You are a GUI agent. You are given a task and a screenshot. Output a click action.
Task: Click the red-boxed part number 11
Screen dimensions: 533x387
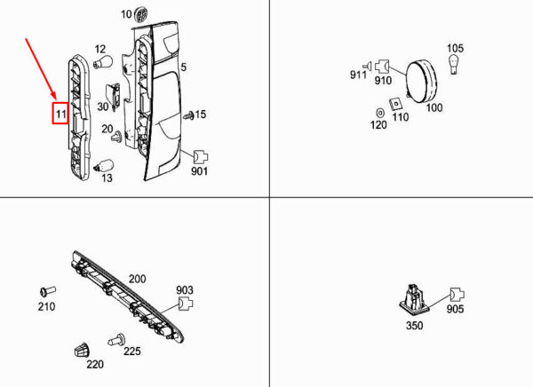point(60,113)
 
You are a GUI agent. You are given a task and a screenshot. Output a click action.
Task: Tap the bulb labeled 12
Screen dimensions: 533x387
point(103,62)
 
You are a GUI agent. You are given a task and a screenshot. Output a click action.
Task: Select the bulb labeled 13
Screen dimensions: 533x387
point(104,167)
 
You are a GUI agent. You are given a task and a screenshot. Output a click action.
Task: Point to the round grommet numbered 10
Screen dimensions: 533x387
point(141,14)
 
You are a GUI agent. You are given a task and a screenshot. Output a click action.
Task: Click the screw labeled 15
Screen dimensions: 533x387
point(189,115)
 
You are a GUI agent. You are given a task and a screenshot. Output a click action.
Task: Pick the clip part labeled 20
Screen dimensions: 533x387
point(116,137)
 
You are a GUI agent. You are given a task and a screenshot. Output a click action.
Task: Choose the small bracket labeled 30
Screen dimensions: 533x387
point(115,97)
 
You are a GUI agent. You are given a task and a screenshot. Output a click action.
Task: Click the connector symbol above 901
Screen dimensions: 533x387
point(200,157)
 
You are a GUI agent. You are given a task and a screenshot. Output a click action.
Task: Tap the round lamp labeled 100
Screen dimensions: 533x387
point(421,82)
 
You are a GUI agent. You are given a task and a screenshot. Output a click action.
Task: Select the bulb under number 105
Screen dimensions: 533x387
point(454,64)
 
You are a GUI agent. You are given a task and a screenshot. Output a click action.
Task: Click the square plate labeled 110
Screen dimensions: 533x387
point(395,104)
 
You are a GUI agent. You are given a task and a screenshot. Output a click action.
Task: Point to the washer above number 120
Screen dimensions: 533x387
point(380,113)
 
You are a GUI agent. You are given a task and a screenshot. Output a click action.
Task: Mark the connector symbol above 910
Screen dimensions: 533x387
point(382,67)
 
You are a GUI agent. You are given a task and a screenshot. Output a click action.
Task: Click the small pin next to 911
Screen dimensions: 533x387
point(368,66)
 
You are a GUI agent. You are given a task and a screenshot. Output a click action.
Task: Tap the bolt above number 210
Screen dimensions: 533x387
point(48,291)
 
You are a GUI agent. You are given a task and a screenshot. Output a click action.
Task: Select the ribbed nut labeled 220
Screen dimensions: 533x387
point(82,350)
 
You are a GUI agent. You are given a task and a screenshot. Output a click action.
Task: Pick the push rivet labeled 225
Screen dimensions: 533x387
point(116,339)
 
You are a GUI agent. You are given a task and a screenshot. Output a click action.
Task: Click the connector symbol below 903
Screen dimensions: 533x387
point(186,303)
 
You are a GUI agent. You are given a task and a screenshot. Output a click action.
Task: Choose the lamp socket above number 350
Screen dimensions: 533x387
point(414,298)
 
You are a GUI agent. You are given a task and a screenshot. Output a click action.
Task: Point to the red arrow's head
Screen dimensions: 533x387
point(53,96)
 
